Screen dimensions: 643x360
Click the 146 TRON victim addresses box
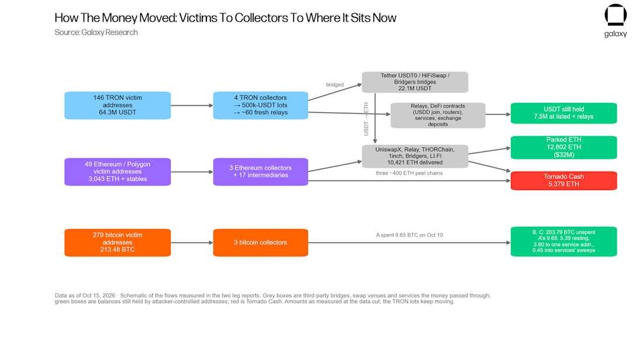coord(117,105)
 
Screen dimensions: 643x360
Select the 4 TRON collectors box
coord(260,105)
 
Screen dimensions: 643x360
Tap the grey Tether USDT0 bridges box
coord(415,82)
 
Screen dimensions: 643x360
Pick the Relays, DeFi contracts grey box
coord(438,115)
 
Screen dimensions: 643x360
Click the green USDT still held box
coord(564,113)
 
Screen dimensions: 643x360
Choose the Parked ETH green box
coord(564,147)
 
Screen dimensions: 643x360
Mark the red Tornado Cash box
coord(564,181)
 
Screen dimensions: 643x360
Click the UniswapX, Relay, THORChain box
coord(415,156)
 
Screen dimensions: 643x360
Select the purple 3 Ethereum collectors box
coord(260,172)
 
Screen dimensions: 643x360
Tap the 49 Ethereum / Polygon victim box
coord(117,172)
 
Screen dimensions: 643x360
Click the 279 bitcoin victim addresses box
coord(117,243)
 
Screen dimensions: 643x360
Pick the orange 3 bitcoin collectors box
coord(260,243)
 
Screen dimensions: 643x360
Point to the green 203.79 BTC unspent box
coord(564,241)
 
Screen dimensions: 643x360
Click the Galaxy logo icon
coord(616,15)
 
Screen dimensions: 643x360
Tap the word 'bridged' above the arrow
coord(334,85)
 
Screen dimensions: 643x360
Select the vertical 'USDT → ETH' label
coord(366,119)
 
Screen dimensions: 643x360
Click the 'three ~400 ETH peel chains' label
coord(409,174)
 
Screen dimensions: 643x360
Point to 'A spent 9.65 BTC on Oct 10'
coord(409,235)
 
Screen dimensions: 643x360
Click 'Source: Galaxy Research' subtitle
coord(96,32)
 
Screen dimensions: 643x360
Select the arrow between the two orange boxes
coord(192,243)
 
